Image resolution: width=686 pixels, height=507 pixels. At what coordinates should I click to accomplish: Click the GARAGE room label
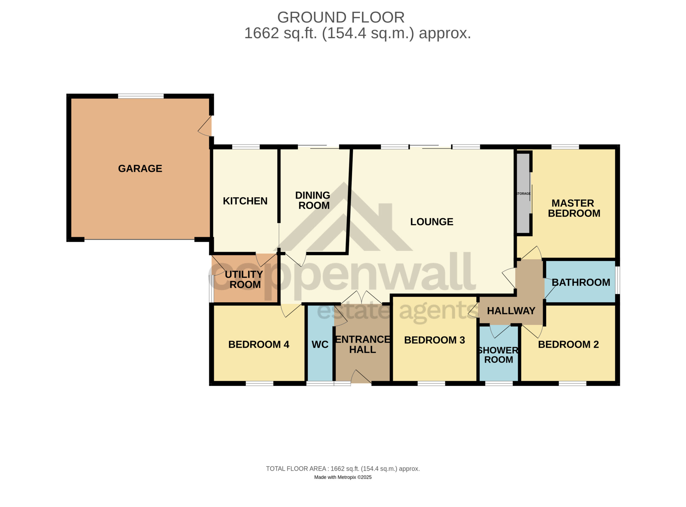pos(140,168)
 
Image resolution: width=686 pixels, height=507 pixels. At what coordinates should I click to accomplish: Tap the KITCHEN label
pos(245,201)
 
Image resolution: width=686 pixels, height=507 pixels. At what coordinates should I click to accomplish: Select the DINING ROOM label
pos(313,200)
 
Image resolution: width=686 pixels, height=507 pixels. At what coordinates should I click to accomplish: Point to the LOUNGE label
pos(432,222)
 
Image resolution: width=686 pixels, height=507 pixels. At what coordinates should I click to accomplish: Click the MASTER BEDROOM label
pos(574,208)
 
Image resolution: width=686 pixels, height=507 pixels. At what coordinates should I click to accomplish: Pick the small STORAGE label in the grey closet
pos(523,194)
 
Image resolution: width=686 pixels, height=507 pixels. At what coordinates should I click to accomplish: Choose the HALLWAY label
pos(511,311)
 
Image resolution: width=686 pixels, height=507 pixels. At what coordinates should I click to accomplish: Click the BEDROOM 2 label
pos(568,344)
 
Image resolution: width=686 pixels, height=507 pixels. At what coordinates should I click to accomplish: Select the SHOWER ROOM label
pos(498,355)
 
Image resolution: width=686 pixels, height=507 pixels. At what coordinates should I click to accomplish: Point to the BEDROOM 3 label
pos(434,340)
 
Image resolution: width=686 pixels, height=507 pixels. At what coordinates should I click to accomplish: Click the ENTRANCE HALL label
pos(363,344)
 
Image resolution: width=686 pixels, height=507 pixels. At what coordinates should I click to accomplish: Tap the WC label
pos(320,345)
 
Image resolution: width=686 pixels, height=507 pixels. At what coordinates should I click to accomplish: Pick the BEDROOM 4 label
pos(259,344)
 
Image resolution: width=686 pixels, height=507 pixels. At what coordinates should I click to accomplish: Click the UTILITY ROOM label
pos(244,279)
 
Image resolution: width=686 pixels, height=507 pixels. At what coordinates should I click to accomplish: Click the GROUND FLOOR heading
pos(341,17)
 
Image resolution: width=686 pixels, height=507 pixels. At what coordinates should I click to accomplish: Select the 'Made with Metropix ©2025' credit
pos(343,477)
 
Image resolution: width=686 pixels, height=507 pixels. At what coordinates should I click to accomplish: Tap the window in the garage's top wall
pos(141,96)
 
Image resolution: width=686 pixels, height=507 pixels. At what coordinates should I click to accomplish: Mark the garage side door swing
pos(205,126)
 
